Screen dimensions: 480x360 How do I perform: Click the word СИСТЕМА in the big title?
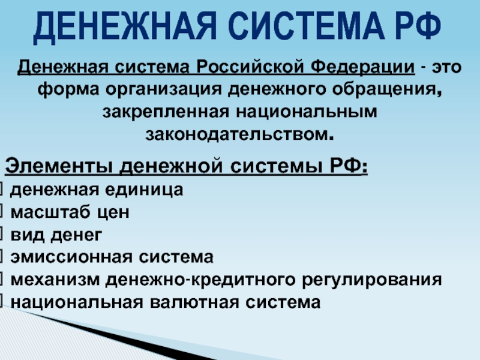coord(306,26)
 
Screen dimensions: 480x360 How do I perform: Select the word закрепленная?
coord(166,112)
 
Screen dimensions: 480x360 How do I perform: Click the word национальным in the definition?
coord(307,112)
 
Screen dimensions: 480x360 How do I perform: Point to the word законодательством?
coord(239,134)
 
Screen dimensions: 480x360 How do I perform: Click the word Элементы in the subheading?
coord(58,166)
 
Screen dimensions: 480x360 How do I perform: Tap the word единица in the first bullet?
coord(144,190)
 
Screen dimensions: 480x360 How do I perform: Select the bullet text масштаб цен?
coord(70,212)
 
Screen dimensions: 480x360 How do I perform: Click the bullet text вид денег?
coord(56,235)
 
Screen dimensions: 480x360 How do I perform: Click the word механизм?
coord(55,280)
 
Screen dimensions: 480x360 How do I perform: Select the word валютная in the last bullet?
coord(194,302)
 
